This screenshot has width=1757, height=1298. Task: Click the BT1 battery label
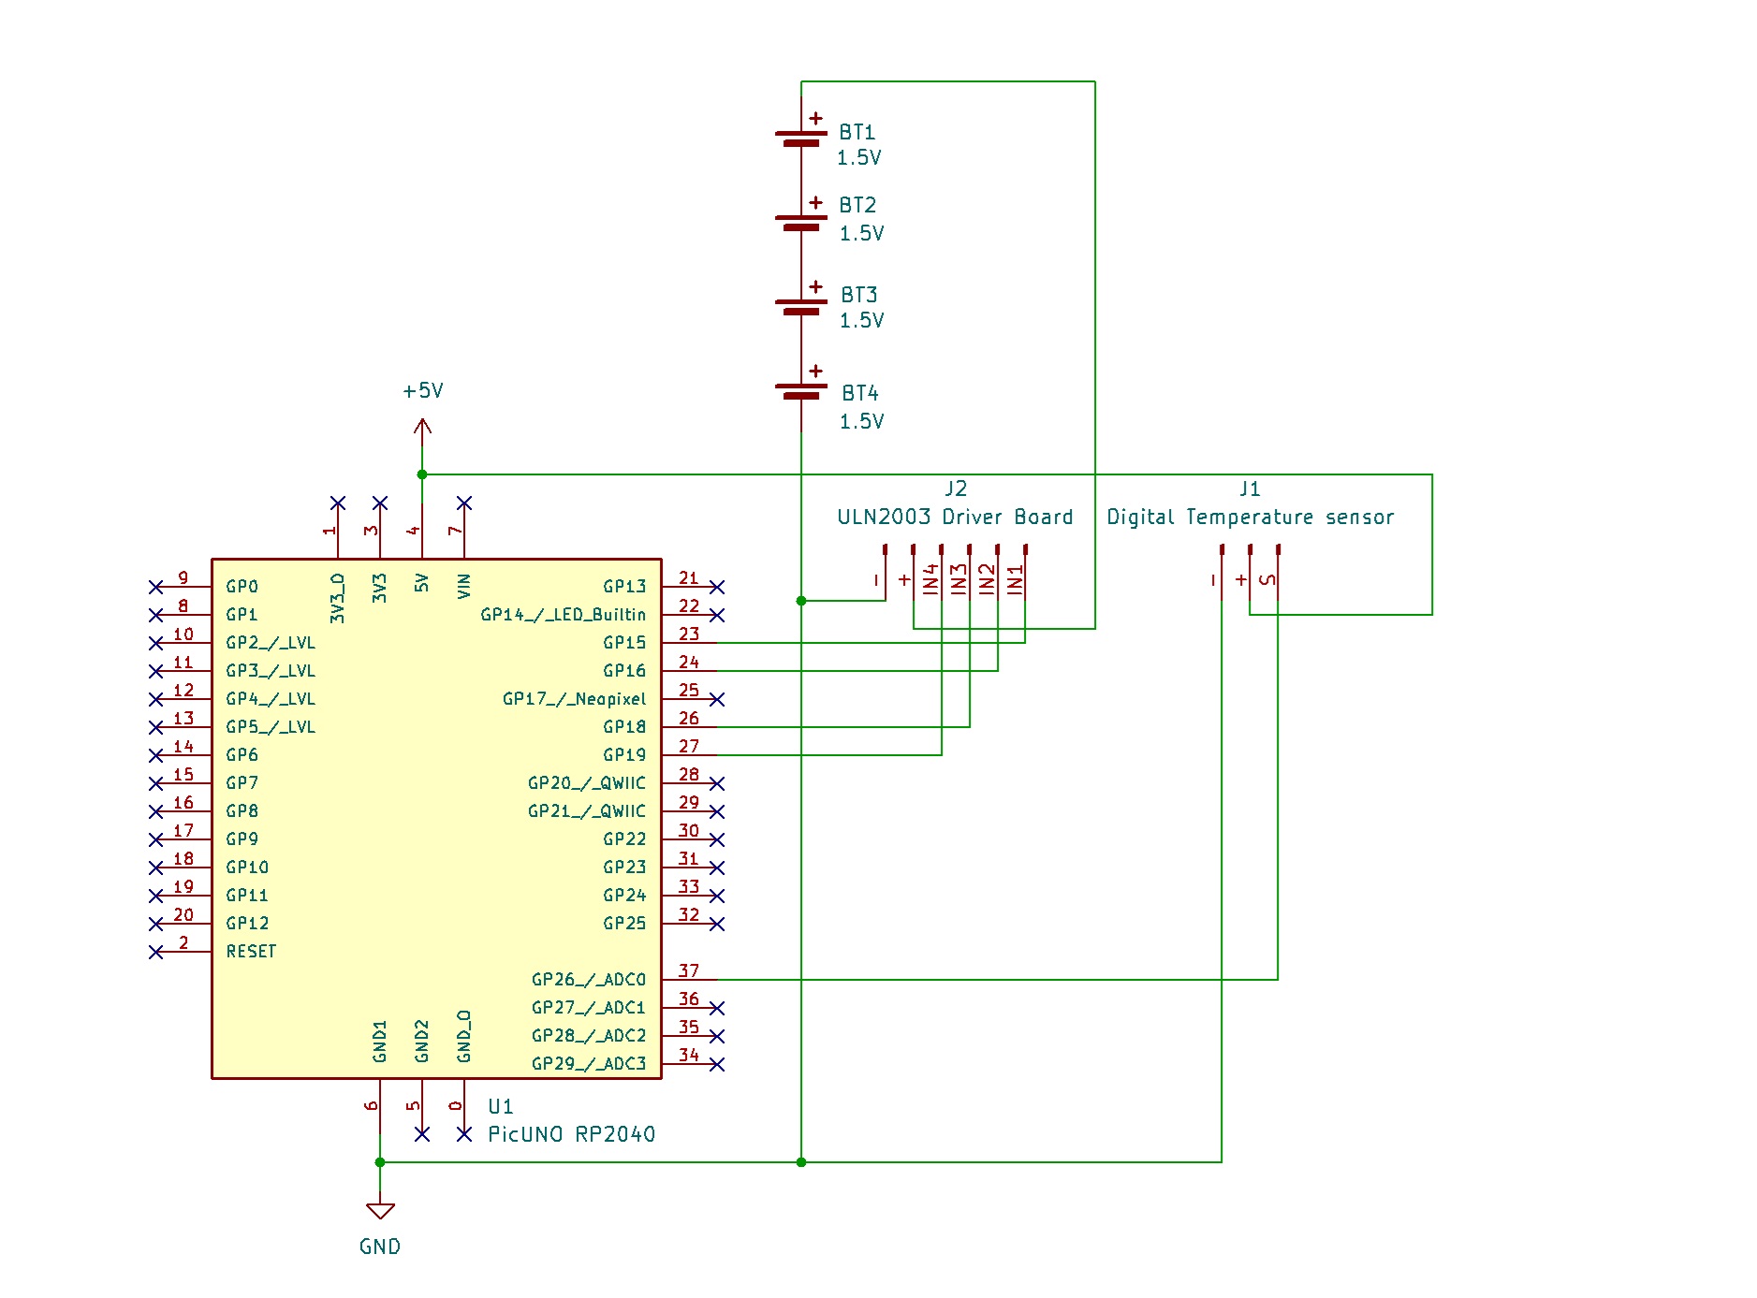[x=857, y=132]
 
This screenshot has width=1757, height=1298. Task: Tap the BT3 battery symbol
[x=801, y=305]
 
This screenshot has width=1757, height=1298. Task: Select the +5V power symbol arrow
[x=422, y=429]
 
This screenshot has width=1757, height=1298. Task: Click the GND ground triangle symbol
[x=380, y=1210]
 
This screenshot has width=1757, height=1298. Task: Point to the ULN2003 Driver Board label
[x=955, y=517]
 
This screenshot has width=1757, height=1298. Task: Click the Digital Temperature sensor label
[x=1250, y=517]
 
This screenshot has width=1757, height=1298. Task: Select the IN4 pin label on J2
[x=930, y=579]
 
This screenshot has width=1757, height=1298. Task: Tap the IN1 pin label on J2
[x=1016, y=579]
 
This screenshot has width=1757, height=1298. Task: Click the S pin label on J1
[x=1268, y=580]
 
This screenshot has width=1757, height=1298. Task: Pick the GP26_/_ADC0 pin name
[x=589, y=980]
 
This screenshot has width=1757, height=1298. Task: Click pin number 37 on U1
[x=689, y=970]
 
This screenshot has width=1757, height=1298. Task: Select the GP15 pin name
[x=624, y=643]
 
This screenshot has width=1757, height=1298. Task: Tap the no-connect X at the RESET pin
[x=156, y=952]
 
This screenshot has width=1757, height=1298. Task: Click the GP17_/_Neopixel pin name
[x=574, y=699]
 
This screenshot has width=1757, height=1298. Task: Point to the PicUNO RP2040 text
[x=571, y=1134]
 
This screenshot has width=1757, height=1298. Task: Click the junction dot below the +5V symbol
[x=422, y=474]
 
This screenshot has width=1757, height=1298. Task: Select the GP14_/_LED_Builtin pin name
[x=563, y=615]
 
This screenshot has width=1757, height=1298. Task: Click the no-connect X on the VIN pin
[x=464, y=503]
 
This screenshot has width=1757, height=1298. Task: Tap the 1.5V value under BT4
[x=861, y=421]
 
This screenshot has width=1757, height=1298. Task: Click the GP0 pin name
[x=242, y=587]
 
